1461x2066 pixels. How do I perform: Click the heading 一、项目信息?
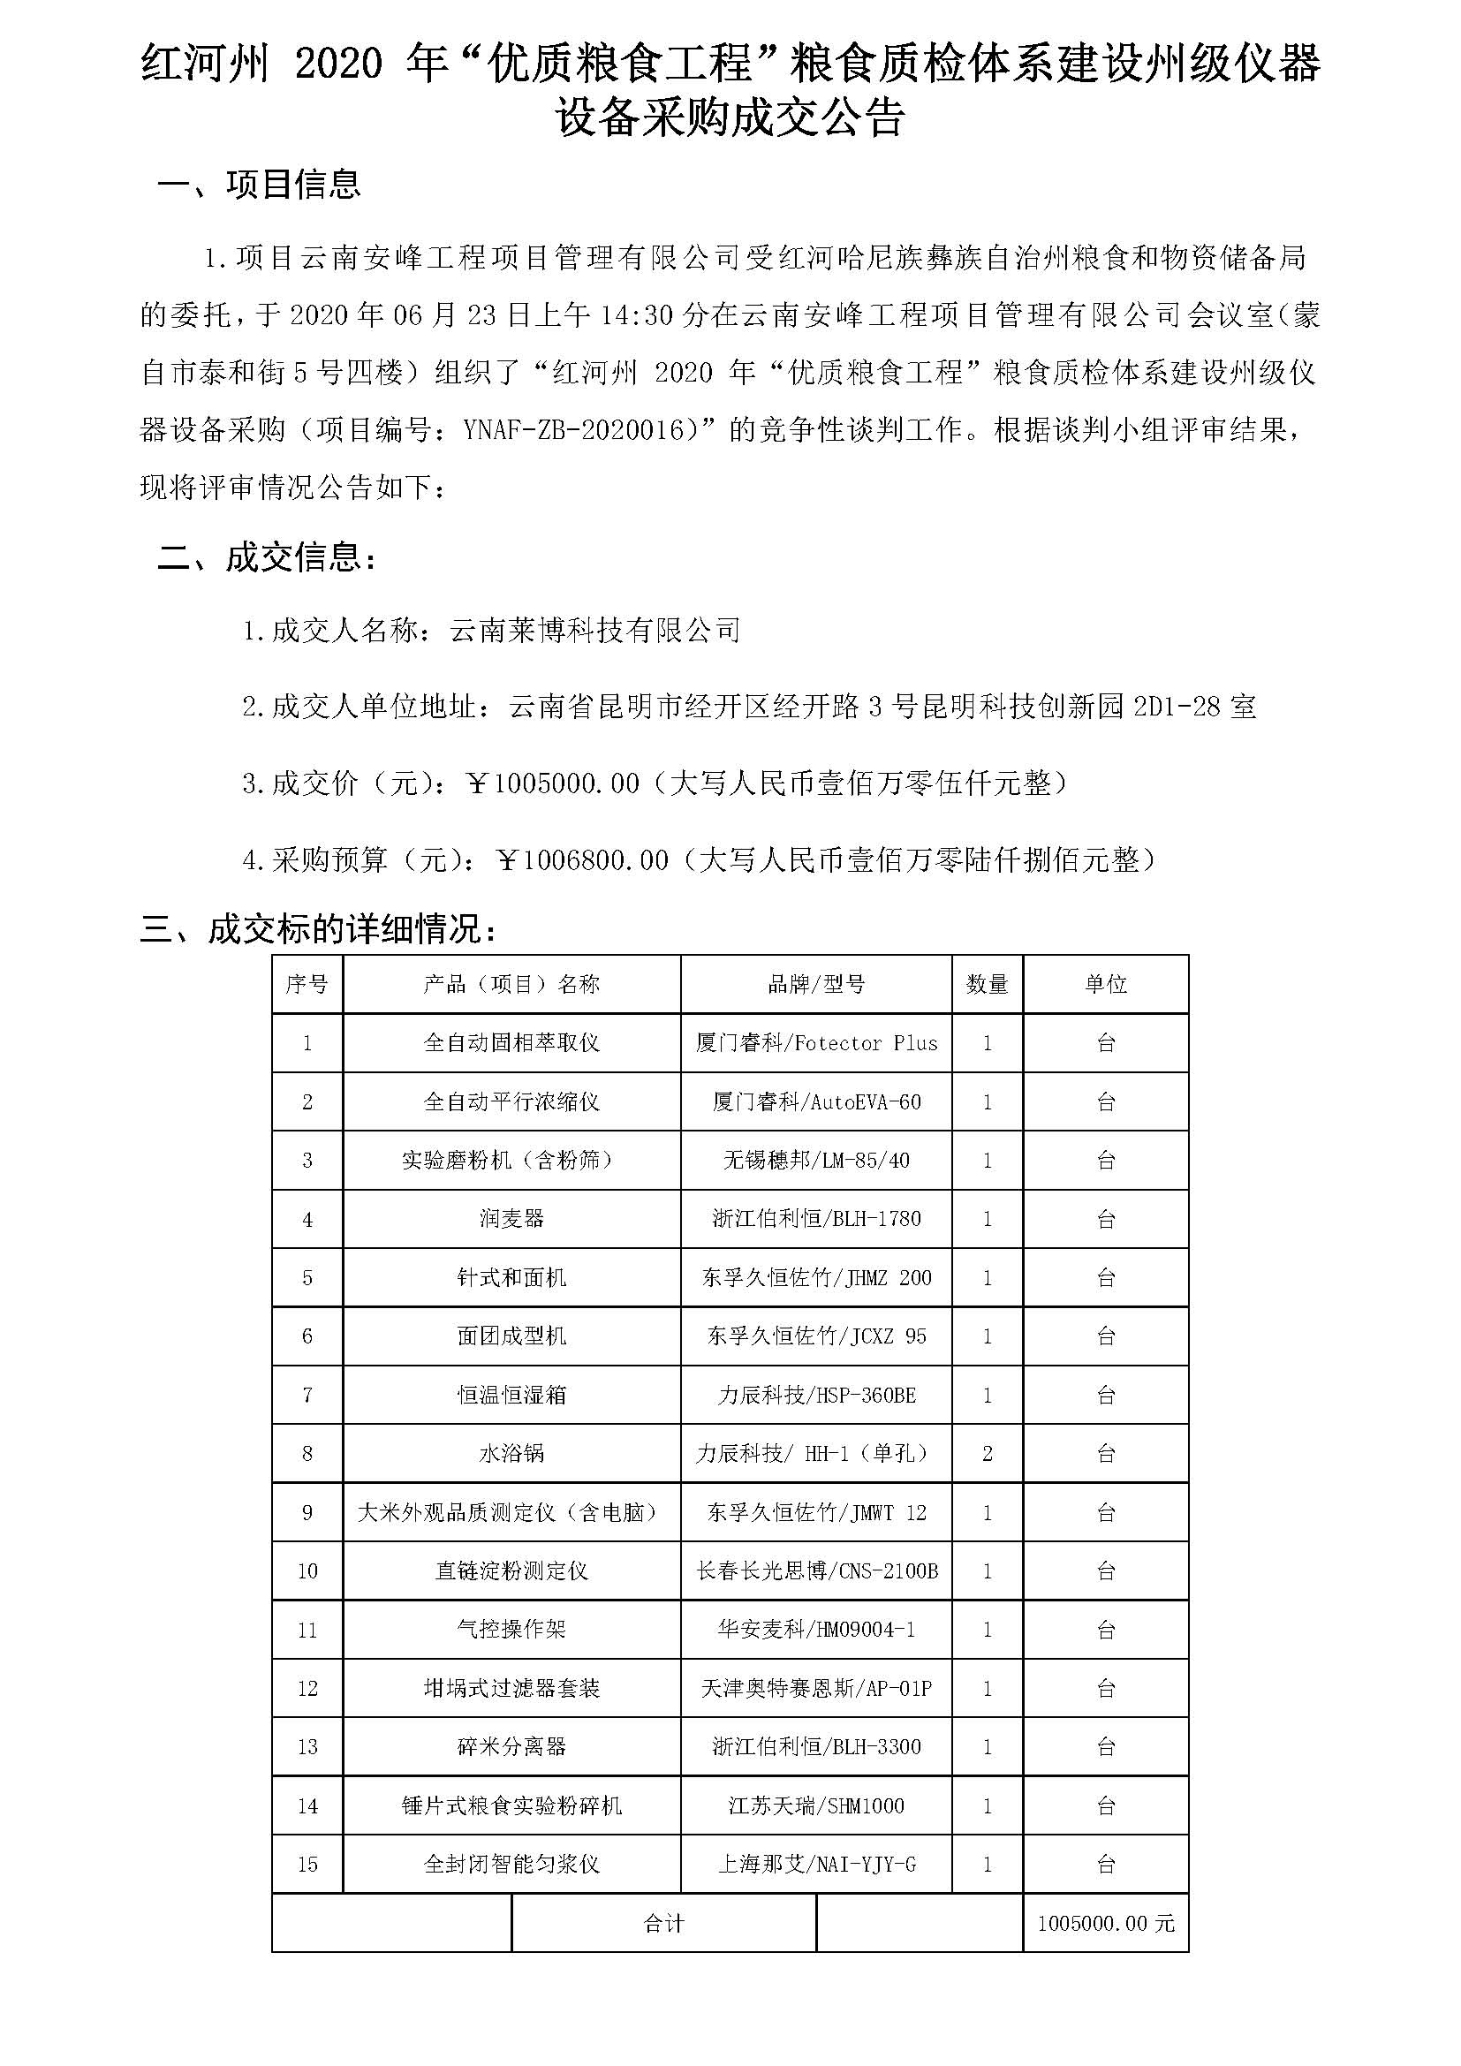point(258,185)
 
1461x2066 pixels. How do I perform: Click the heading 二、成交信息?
point(266,558)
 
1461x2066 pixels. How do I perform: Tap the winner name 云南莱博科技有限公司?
point(594,630)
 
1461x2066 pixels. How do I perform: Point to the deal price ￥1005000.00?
point(553,783)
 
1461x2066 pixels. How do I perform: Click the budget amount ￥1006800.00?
point(583,860)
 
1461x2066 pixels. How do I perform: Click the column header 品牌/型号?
point(816,984)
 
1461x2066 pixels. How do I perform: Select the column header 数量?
point(987,984)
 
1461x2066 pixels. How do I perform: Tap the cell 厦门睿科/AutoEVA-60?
point(816,1101)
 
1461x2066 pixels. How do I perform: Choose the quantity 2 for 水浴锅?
point(987,1453)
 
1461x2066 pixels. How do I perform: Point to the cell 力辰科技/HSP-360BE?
point(816,1395)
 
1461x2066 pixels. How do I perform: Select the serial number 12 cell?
point(307,1688)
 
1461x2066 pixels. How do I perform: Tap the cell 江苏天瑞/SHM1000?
point(816,1805)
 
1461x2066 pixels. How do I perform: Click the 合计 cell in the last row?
point(664,1923)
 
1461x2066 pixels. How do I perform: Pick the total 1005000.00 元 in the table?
point(1106,1923)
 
